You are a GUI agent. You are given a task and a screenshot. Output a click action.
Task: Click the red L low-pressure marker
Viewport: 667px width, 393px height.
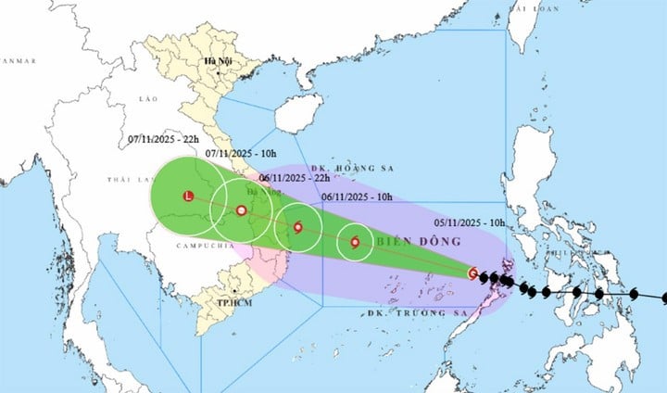click(x=188, y=196)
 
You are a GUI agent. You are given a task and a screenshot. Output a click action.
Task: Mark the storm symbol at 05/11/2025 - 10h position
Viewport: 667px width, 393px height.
click(x=473, y=273)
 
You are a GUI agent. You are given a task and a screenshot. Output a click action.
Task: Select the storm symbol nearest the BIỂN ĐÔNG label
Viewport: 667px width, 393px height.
click(x=355, y=243)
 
